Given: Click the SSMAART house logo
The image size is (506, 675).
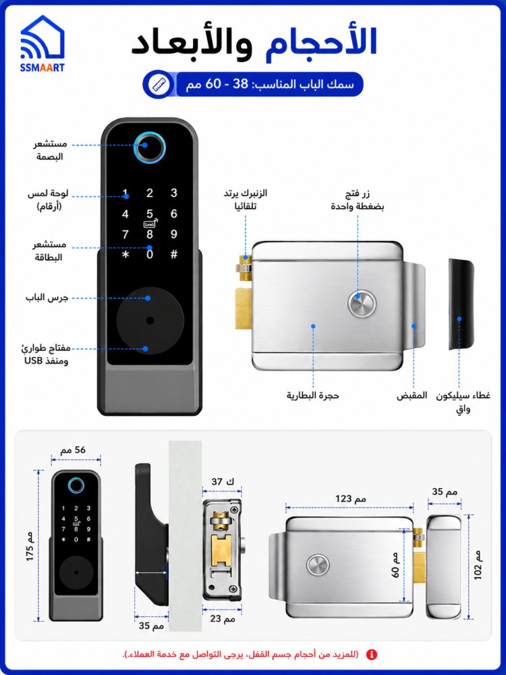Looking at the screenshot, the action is (42, 43).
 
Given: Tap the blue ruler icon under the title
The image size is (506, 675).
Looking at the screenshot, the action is (159, 84).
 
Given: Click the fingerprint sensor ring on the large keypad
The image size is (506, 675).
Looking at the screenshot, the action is (149, 148).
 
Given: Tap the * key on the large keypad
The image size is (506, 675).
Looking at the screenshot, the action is (125, 255).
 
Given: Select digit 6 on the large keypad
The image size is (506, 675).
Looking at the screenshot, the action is (174, 214).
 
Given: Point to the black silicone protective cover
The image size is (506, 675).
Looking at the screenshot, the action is (461, 304).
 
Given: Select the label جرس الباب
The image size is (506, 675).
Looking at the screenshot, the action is (47, 298).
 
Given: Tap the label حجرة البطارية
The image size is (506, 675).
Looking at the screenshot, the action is (313, 395).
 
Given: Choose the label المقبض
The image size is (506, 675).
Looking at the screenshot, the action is (412, 395).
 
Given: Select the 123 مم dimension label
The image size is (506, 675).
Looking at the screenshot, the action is (351, 499).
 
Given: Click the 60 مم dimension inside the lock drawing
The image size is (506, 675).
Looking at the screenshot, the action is (396, 565).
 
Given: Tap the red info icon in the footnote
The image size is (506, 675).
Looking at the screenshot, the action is (371, 655).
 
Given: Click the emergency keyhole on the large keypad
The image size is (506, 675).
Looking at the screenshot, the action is (150, 321).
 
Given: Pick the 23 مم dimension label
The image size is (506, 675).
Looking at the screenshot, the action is (223, 619).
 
